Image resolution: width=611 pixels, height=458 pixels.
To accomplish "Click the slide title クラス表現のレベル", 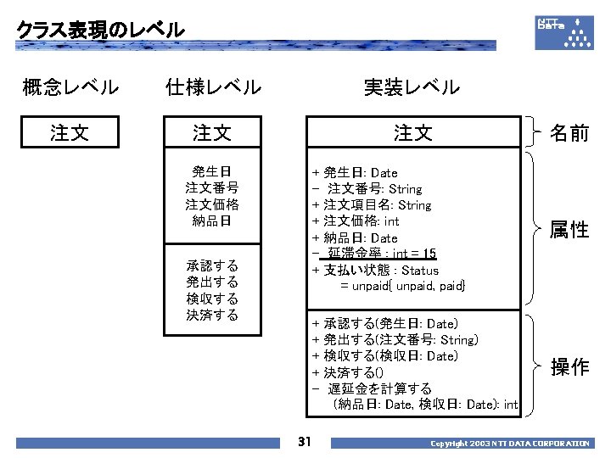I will (100, 30).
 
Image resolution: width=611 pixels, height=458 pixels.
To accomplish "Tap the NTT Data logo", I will (564, 31).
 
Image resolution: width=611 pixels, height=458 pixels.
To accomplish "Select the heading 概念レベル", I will (70, 87).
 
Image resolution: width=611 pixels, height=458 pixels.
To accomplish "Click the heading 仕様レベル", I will (213, 87).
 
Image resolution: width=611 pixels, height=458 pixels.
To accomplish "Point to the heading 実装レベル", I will (412, 87).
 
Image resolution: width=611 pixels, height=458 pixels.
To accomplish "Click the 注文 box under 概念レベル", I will (70, 132).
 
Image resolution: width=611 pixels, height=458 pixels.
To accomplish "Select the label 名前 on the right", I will (569, 132).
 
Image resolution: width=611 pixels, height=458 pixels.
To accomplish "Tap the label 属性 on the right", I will (569, 229).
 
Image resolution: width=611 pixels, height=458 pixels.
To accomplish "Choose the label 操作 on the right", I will (569, 366).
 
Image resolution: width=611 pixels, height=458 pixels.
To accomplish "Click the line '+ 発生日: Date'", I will (355, 173).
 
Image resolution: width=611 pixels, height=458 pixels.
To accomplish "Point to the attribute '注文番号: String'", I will (374, 189).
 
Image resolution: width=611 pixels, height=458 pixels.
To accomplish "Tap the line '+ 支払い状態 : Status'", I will (376, 271).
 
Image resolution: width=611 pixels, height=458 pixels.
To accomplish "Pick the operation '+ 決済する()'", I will (348, 372).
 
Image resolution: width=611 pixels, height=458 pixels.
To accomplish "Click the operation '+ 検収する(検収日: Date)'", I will (384, 356).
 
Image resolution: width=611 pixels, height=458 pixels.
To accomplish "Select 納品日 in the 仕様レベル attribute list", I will (212, 221).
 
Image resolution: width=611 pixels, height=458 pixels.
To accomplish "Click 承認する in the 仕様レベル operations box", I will (212, 265).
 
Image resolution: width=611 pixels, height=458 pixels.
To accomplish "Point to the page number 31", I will (305, 441).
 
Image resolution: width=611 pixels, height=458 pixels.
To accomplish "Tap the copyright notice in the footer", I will (509, 444).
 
